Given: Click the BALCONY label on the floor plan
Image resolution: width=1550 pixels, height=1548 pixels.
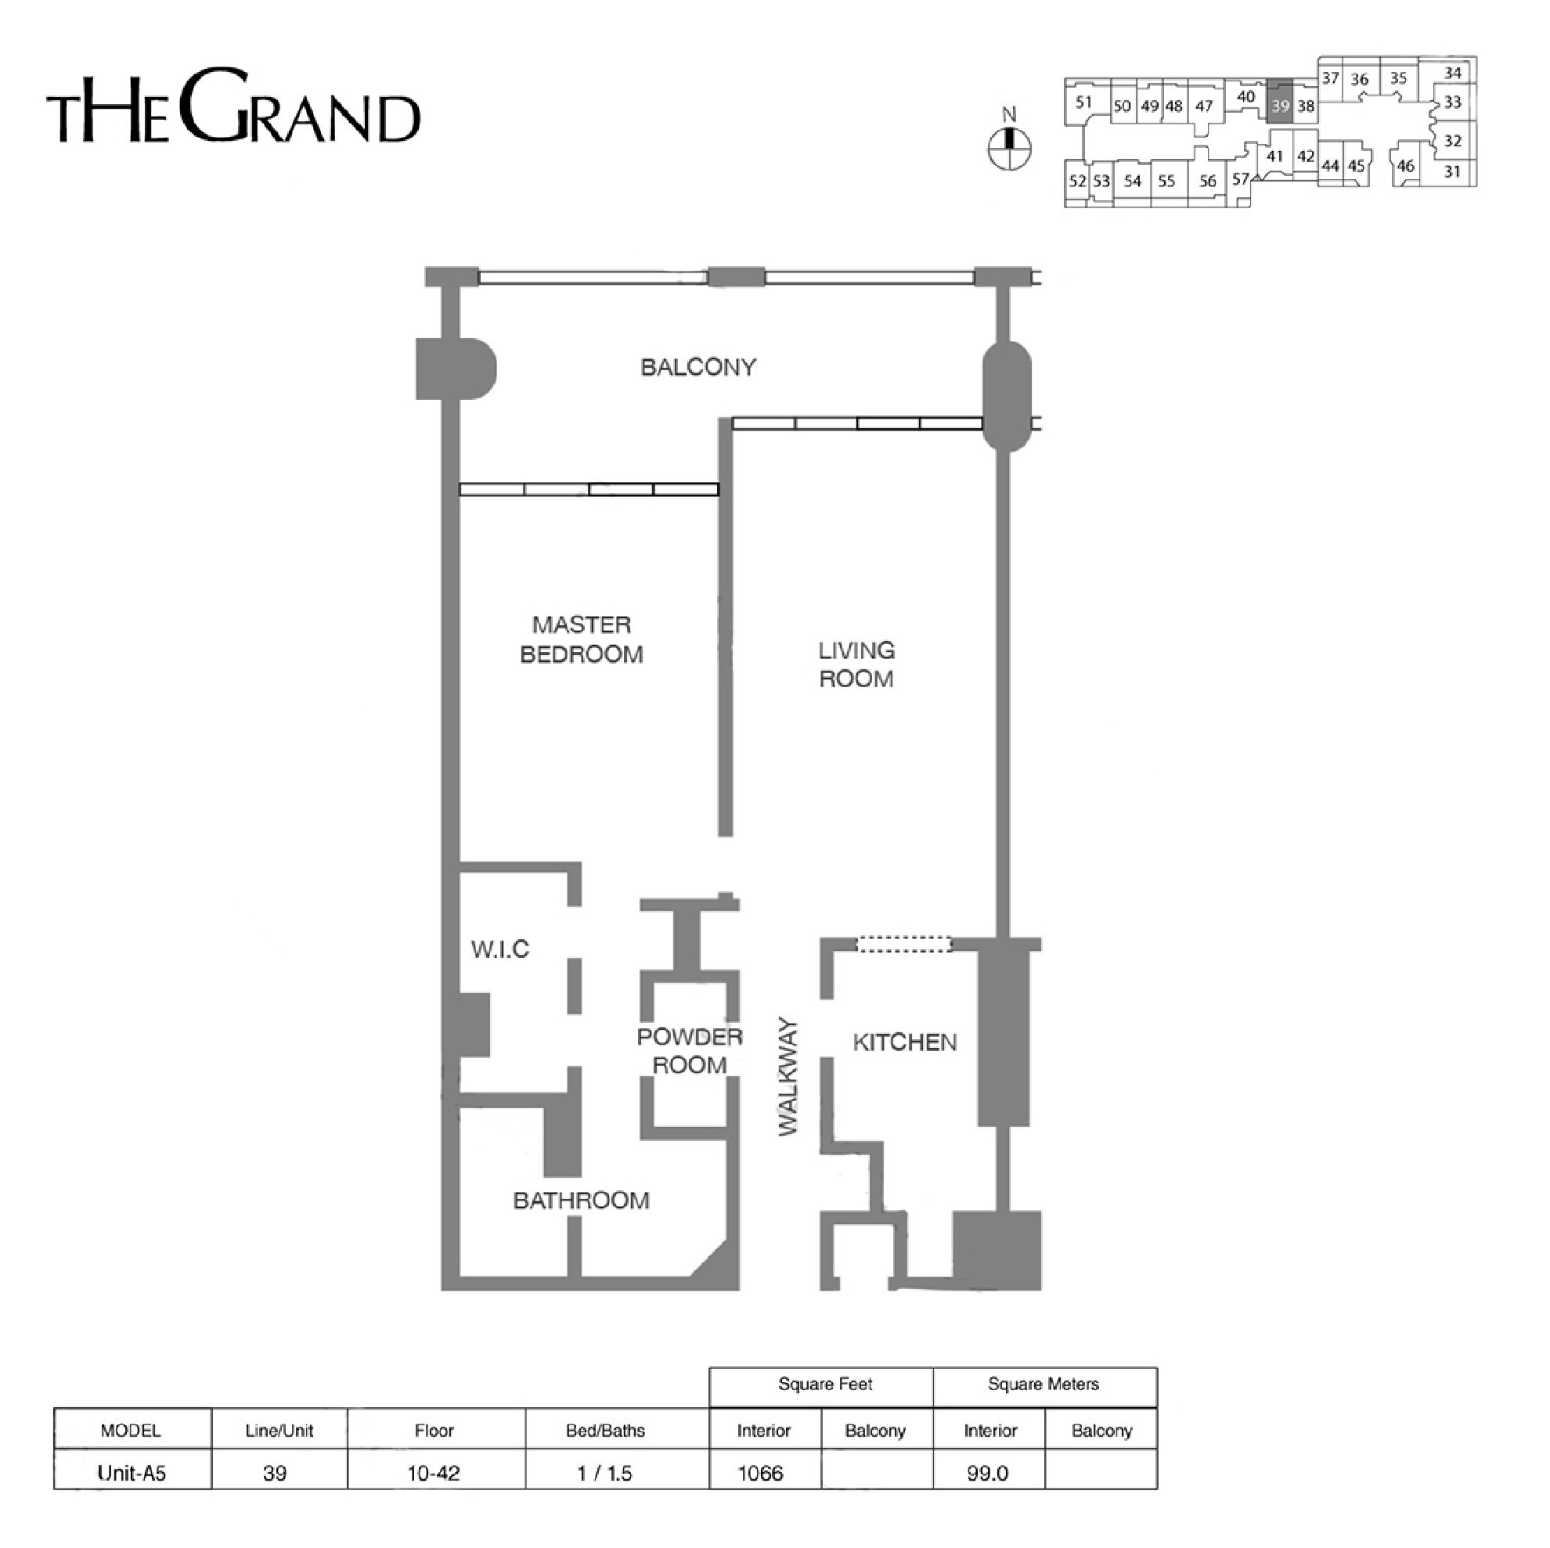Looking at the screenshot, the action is coord(698,367).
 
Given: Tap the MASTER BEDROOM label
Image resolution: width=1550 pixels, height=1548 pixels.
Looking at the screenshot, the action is coord(582,639).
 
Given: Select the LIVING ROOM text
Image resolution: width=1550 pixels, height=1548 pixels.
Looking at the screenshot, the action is coord(856,664).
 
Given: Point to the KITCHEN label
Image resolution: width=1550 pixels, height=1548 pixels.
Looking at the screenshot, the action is coord(904,1042).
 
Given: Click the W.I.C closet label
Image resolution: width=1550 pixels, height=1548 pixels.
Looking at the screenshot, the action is coord(499,949).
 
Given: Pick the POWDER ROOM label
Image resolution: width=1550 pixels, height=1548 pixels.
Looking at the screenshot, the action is coord(689,1051).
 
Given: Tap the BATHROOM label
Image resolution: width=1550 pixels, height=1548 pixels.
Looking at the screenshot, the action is coord(581,1201).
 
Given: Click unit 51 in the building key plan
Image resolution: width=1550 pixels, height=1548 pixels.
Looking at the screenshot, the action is coord(1084,102).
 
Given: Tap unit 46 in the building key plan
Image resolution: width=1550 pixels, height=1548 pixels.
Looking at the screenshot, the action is coord(1406,166).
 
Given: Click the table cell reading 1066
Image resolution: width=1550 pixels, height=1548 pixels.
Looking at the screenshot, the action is coord(760,1474).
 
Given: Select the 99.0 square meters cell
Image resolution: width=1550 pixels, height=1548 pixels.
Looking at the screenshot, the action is coord(987,1474).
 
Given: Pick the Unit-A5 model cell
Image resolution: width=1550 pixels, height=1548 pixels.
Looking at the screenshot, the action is coord(132,1474).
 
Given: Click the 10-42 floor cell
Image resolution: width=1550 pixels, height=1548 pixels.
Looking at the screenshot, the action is coord(434,1474).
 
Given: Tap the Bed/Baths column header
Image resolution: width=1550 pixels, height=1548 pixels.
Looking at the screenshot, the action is coord(605,1431).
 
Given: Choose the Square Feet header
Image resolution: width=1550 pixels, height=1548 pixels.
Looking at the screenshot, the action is coord(825,1384).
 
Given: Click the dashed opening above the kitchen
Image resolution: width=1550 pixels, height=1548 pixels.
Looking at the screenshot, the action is coord(904,945).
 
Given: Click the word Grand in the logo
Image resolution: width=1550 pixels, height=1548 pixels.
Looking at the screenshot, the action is coord(301,106).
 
